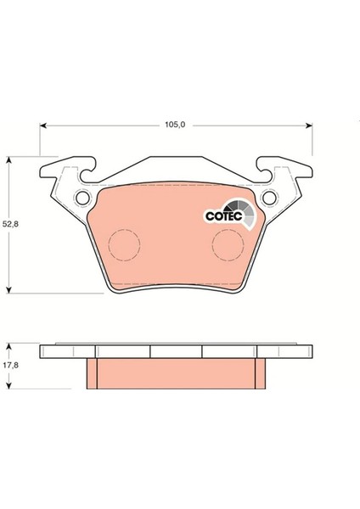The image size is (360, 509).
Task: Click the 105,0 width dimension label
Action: [175, 124]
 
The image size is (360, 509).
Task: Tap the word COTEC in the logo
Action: [223, 216]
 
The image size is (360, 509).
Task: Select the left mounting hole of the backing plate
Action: [82, 199]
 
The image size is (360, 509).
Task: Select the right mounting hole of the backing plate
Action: [270, 199]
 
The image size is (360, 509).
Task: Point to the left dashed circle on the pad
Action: [126, 246]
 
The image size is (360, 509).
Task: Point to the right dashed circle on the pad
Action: [227, 246]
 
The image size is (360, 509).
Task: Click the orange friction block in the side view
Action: [176, 373]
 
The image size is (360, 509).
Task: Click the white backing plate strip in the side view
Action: [176, 351]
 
